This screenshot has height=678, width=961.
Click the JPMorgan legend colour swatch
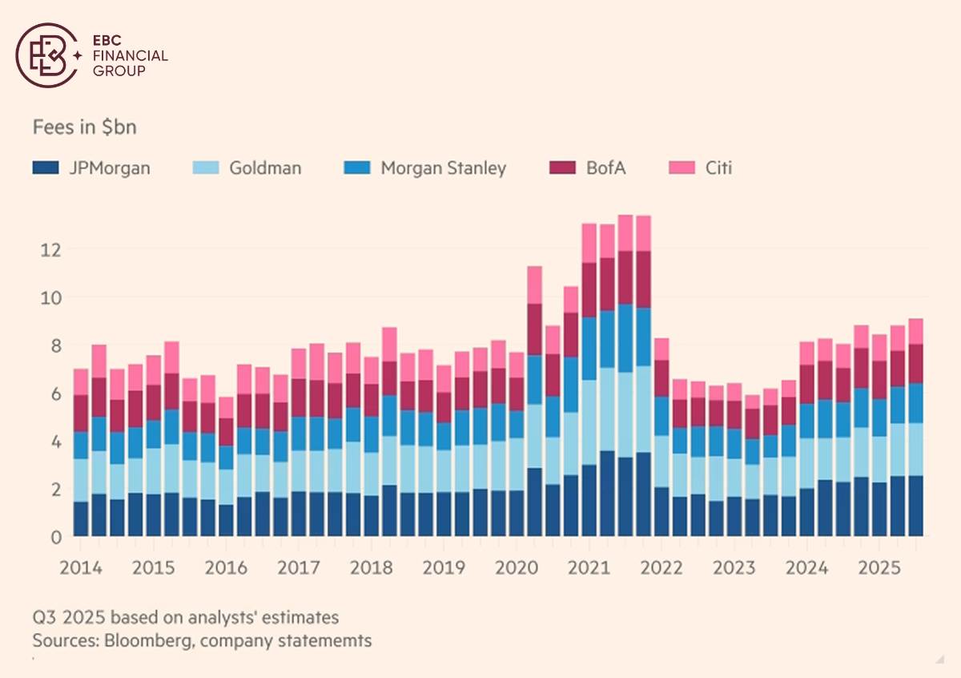click(44, 168)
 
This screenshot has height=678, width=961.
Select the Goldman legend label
click(265, 168)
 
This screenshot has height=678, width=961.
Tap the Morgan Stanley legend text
click(444, 168)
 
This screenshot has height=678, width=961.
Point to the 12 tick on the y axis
click(50, 249)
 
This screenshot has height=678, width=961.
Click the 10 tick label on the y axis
click(50, 297)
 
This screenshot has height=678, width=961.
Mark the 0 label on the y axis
click(54, 537)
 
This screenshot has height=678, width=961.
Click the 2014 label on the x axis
click(80, 568)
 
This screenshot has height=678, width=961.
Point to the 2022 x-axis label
click(661, 568)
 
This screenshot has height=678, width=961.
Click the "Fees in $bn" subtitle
click(78, 127)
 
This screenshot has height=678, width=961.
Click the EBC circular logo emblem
click(46, 54)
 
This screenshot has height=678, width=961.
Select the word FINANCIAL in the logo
click(131, 56)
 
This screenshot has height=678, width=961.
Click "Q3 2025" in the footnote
click(69, 618)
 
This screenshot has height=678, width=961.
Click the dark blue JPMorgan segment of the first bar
click(81, 519)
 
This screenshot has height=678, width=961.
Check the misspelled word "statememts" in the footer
click(332, 641)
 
